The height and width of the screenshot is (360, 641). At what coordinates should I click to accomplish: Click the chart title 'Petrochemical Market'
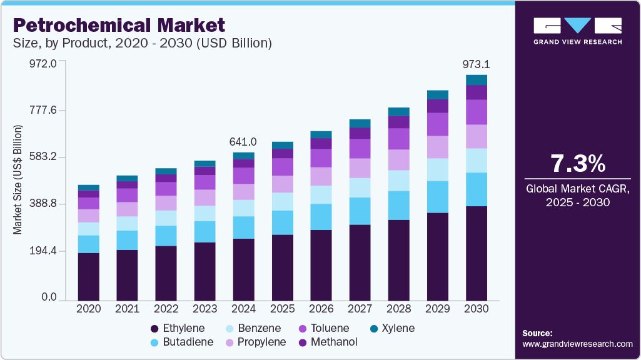pyautogui.click(x=119, y=26)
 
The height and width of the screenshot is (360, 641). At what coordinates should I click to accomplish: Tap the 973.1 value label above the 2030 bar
pyautogui.click(x=476, y=64)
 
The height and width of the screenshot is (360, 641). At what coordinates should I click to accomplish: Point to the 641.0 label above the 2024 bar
pyautogui.click(x=244, y=142)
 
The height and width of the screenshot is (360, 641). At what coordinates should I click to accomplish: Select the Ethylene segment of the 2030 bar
pyautogui.click(x=476, y=253)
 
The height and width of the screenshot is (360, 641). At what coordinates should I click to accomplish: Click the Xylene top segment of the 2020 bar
pyautogui.click(x=89, y=187)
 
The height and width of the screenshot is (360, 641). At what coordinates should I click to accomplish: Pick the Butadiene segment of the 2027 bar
pyautogui.click(x=360, y=211)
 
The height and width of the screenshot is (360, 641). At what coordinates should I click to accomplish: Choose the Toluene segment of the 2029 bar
pyautogui.click(x=438, y=124)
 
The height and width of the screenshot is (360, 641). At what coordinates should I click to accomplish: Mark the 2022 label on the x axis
pyautogui.click(x=166, y=309)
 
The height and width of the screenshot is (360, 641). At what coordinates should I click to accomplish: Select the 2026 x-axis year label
pyautogui.click(x=321, y=309)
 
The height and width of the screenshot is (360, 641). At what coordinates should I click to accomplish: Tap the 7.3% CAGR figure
pyautogui.click(x=577, y=164)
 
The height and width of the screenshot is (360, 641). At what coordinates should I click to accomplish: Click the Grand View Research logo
pyautogui.click(x=577, y=31)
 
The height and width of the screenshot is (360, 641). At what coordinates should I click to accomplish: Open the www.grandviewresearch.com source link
pyautogui.click(x=577, y=344)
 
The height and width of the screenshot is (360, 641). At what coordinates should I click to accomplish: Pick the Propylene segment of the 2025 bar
pyautogui.click(x=283, y=184)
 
